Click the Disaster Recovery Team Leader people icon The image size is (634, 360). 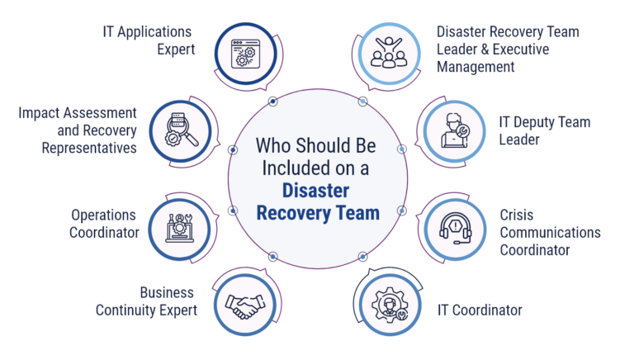point(389,51)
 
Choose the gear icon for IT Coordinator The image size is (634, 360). point(389,306)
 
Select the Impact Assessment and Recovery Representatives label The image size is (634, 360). point(78,130)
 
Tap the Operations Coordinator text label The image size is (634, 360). point(104,225)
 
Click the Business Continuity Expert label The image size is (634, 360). point(146,301)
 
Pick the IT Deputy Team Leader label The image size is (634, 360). point(545,130)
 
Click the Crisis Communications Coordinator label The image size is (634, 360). point(550,232)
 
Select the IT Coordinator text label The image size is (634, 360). point(480,310)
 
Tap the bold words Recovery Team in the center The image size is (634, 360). point(317,213)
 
